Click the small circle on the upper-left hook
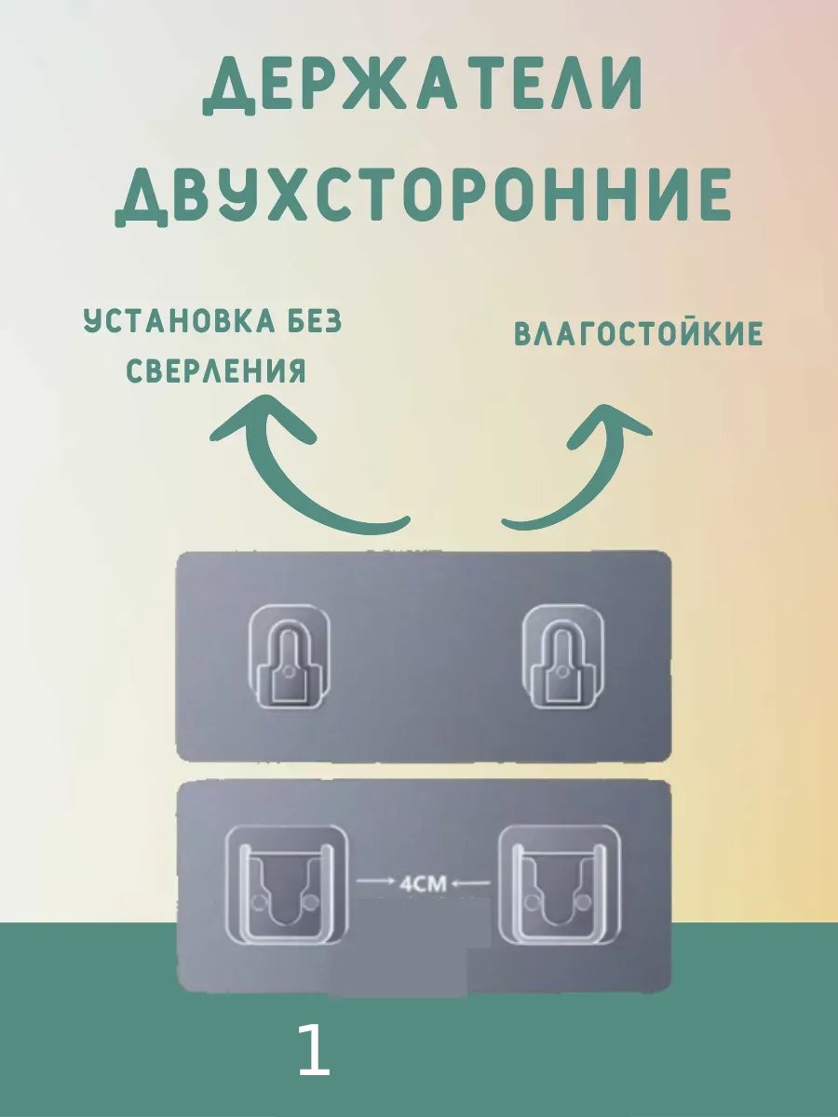point(289,673)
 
